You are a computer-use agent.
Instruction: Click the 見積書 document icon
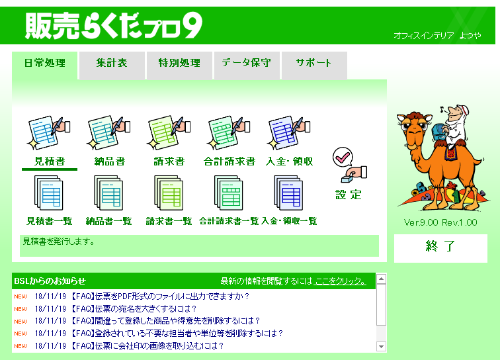(49, 133)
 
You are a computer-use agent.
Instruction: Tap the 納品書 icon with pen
(108, 133)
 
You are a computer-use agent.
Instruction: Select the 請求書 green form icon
(169, 133)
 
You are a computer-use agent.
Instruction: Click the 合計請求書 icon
(229, 133)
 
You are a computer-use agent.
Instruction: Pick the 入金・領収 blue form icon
(288, 133)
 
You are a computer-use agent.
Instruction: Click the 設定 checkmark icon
(349, 165)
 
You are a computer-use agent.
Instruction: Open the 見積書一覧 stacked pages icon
(49, 193)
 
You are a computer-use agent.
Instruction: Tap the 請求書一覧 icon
(169, 193)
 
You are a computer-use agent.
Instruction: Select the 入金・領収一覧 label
(289, 221)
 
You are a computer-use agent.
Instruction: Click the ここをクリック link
(340, 281)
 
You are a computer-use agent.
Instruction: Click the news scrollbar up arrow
(381, 279)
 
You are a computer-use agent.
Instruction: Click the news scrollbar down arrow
(381, 346)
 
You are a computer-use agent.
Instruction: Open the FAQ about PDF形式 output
(159, 296)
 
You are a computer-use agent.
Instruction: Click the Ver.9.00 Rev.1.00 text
(440, 222)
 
